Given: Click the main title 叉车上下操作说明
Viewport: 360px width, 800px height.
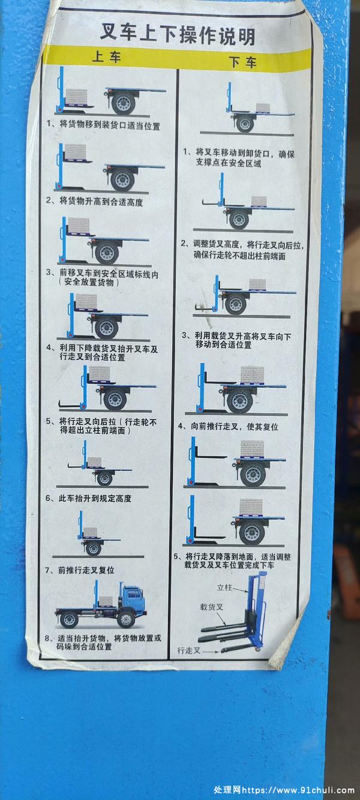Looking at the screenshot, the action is (x=178, y=34).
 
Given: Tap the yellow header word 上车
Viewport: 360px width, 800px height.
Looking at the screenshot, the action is (x=106, y=57).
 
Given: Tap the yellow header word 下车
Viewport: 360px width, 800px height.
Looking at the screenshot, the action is (x=243, y=62).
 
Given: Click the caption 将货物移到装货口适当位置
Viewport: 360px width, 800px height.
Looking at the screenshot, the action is (x=109, y=125).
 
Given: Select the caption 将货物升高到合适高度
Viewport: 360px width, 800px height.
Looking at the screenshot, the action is (x=101, y=202).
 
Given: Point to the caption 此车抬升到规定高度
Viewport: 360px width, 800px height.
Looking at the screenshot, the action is (x=95, y=498).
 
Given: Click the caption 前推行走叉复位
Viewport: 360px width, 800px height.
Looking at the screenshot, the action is (x=86, y=570).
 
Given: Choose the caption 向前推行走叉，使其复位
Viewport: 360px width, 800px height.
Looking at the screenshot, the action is (x=234, y=427).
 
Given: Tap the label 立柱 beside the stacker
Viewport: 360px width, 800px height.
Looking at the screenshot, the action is (x=224, y=588).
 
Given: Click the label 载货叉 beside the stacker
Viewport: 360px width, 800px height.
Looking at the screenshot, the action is (x=211, y=607).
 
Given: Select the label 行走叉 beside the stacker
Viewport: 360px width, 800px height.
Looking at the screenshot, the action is (x=189, y=651).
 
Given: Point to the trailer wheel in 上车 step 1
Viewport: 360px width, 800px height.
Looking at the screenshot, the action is (x=123, y=103).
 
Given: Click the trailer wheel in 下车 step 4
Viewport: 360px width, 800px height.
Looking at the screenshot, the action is (x=239, y=401).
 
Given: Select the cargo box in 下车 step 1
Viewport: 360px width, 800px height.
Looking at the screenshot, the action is (x=263, y=108).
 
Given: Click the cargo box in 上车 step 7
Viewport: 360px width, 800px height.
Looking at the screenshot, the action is (x=91, y=532).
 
